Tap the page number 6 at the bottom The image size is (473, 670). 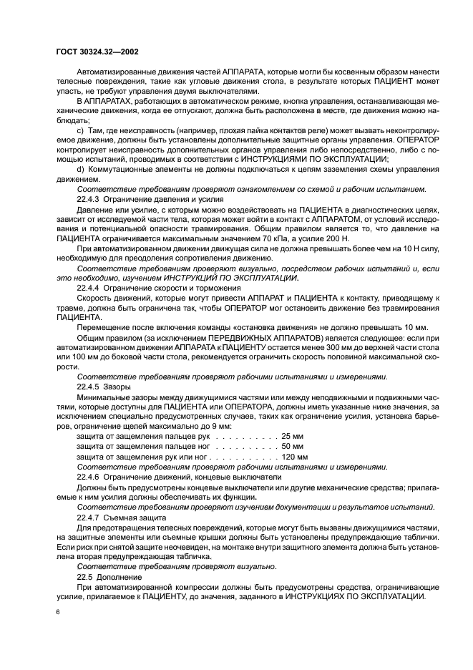tap(57, 613)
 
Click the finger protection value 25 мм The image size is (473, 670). tap(294, 435)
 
